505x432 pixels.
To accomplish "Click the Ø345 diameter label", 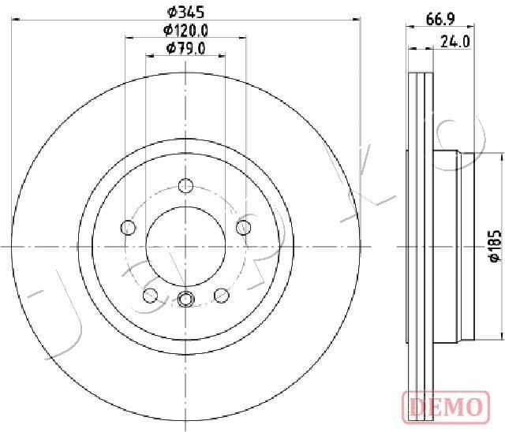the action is pyautogui.click(x=186, y=13).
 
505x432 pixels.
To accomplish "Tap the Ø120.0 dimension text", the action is pyautogui.click(x=186, y=31).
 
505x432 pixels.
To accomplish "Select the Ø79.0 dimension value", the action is pyautogui.click(x=186, y=49).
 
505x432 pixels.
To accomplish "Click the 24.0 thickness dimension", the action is pyautogui.click(x=455, y=42).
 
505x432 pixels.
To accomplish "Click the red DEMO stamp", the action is pyautogui.click(x=446, y=407).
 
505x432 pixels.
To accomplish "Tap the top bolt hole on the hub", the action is pyautogui.click(x=186, y=185).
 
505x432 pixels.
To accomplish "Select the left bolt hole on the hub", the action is pyautogui.click(x=128, y=227).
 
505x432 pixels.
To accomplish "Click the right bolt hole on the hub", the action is pyautogui.click(x=244, y=227).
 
